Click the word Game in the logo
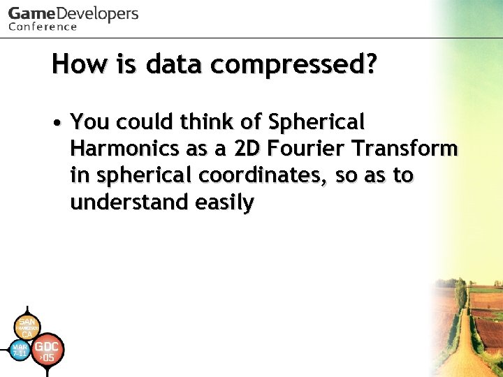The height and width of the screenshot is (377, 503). pyautogui.click(x=30, y=14)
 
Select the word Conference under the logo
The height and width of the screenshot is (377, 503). pyautogui.click(x=43, y=27)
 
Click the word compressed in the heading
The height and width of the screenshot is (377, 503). pyautogui.click(x=294, y=65)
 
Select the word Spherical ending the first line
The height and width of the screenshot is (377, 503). pyautogui.click(x=316, y=123)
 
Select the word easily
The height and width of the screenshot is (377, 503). pyautogui.click(x=224, y=202)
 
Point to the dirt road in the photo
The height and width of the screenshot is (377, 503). pyautogui.click(x=464, y=349)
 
